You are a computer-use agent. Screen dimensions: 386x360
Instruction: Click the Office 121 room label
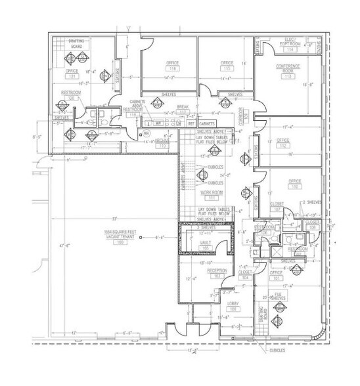(x=72, y=72)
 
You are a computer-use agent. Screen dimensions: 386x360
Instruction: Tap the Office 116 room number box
(x=173, y=68)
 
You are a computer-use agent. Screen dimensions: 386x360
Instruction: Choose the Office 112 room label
(x=283, y=142)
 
